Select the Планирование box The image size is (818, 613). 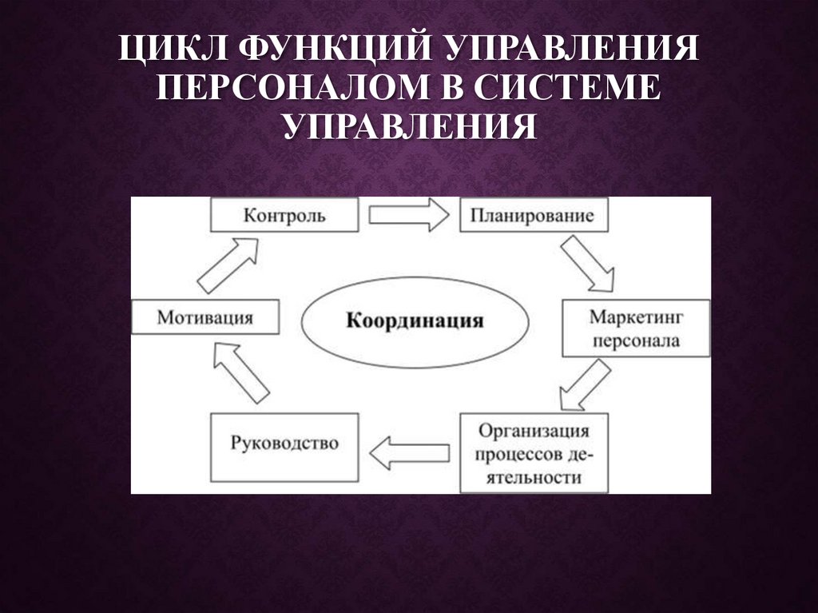click(x=531, y=216)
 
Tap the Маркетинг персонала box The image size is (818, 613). click(x=635, y=328)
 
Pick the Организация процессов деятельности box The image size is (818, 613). click(x=534, y=453)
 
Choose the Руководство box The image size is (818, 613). click(x=284, y=445)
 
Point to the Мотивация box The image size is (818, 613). click(x=205, y=317)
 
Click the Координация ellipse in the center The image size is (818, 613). click(x=415, y=321)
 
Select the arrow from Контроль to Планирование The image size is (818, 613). click(x=409, y=215)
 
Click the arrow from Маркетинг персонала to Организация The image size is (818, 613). click(x=585, y=384)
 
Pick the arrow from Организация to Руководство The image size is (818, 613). click(x=410, y=452)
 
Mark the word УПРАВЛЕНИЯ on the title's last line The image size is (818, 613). click(x=408, y=126)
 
